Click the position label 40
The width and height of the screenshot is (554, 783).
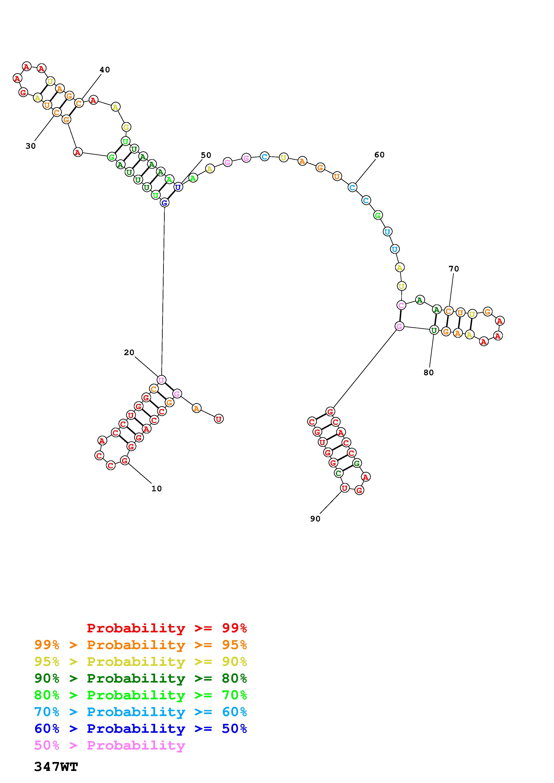105,70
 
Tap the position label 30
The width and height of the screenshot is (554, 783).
31,146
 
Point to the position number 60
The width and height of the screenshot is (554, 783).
379,155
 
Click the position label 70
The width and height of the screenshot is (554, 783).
454,269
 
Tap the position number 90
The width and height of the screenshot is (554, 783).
315,519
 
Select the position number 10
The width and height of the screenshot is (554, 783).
156,489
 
